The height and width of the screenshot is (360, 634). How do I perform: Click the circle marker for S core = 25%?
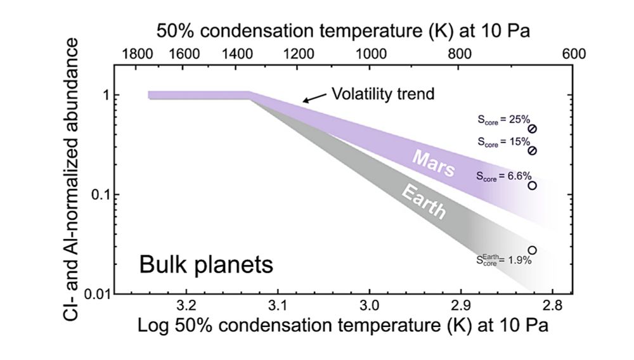click(x=533, y=129)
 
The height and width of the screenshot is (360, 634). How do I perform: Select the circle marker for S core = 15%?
click(x=533, y=151)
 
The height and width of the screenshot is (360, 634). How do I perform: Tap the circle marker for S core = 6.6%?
click(x=533, y=186)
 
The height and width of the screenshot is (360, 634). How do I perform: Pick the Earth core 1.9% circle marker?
click(x=533, y=250)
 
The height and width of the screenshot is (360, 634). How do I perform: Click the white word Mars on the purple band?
click(x=434, y=164)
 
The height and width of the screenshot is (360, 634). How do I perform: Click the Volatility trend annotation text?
click(x=383, y=94)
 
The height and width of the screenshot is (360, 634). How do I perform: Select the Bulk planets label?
click(x=206, y=264)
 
